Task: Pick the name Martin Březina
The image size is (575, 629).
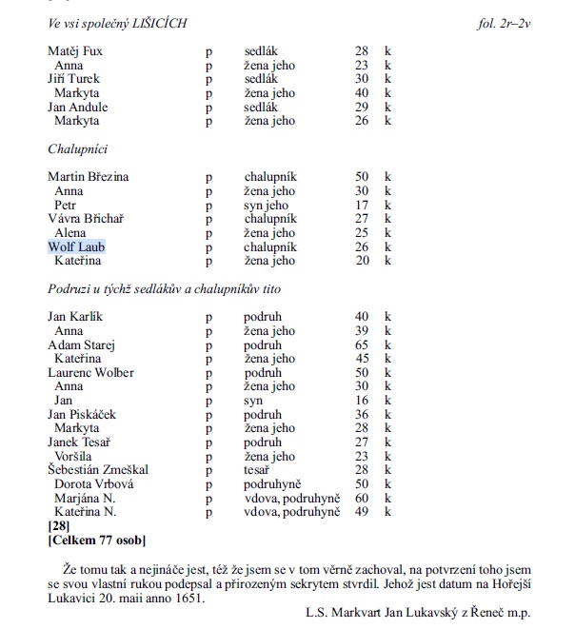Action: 89,177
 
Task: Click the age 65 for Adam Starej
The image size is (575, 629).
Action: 362,344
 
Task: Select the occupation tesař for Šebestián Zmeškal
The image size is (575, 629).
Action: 256,469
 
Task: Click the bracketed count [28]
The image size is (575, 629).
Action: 59,525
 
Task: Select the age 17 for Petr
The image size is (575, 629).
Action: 362,205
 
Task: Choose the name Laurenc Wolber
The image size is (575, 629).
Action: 90,372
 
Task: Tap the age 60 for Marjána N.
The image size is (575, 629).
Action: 362,498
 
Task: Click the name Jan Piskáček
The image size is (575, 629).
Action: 84,414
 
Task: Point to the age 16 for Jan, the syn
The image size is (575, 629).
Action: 362,400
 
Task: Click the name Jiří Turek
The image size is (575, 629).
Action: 73,79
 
